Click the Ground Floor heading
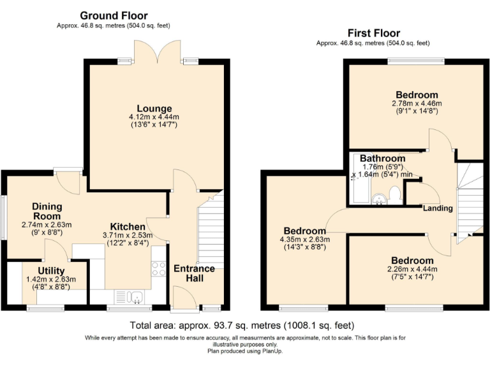click(x=114, y=15)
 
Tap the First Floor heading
click(x=374, y=33)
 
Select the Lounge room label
click(x=154, y=108)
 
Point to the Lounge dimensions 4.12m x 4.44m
click(x=154, y=117)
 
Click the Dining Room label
click(x=47, y=212)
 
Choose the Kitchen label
click(x=128, y=227)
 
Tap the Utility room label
click(x=51, y=271)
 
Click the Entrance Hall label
click(x=195, y=273)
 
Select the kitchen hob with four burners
click(x=159, y=269)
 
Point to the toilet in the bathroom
click(x=396, y=196)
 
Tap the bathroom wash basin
click(x=380, y=199)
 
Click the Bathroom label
click(x=383, y=159)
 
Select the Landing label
click(x=438, y=208)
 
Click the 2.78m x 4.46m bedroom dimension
click(x=417, y=103)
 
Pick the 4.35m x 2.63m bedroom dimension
click(x=305, y=240)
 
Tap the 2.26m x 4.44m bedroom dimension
click(x=412, y=269)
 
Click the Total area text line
click(x=242, y=326)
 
